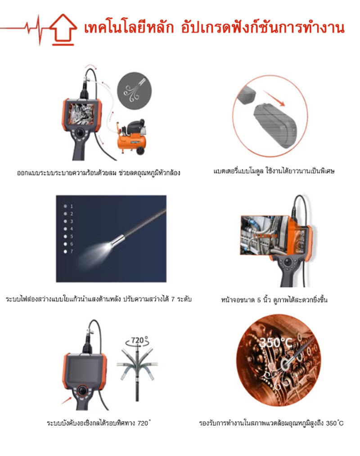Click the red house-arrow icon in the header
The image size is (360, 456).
click(63, 29)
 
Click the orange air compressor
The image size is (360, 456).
click(132, 136)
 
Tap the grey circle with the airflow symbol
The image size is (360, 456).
click(134, 90)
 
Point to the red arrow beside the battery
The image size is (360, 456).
click(274, 98)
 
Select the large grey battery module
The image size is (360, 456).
click(275, 125)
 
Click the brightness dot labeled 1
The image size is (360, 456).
click(66, 206)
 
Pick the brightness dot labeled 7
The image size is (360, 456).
click(66, 251)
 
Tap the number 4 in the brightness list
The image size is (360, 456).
click(71, 229)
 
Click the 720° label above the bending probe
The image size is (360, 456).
click(138, 340)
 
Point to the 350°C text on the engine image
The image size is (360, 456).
click(275, 343)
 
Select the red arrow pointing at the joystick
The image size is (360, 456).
click(66, 401)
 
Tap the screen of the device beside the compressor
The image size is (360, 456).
click(81, 114)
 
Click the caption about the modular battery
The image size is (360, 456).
click(274, 171)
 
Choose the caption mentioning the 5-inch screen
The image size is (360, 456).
click(274, 300)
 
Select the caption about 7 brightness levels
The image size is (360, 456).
click(99, 299)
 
